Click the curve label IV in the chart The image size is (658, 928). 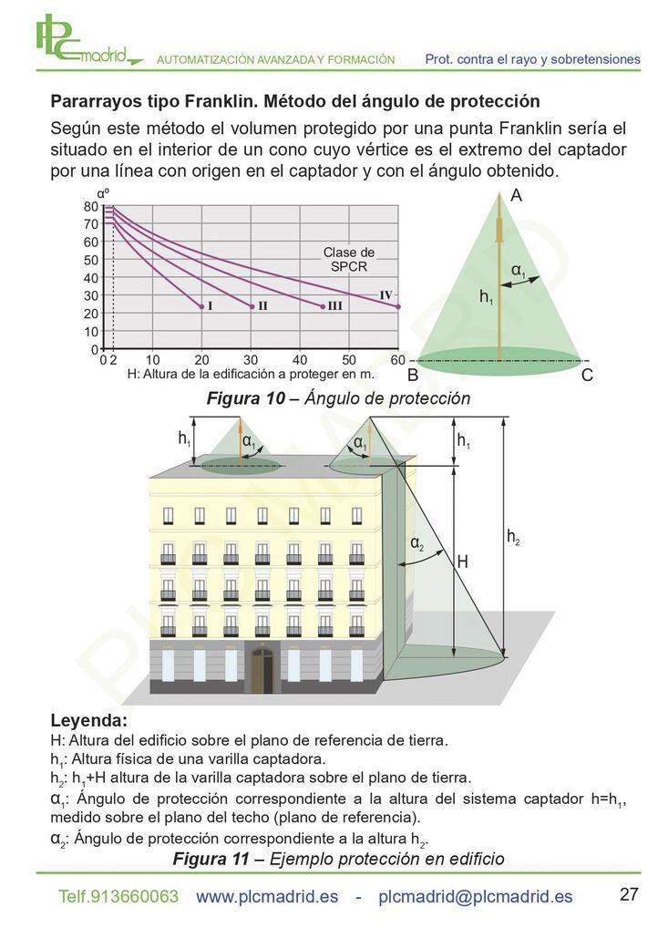[386, 294]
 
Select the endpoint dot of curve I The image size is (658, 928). [201, 306]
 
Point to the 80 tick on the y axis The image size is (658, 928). [90, 207]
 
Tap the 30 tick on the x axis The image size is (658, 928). [251, 360]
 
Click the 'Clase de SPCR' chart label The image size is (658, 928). [349, 259]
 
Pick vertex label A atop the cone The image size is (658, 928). [516, 195]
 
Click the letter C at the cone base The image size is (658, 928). [586, 376]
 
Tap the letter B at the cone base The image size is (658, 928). [413, 376]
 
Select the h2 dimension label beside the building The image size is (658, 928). [513, 538]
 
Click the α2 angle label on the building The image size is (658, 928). [417, 543]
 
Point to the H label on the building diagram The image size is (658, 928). [463, 562]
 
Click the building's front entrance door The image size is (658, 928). [262, 671]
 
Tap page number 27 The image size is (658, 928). [629, 893]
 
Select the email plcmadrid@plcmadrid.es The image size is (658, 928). [475, 897]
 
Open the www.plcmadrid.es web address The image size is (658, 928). [267, 897]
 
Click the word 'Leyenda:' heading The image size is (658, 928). [88, 721]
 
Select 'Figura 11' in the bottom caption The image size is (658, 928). [211, 859]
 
